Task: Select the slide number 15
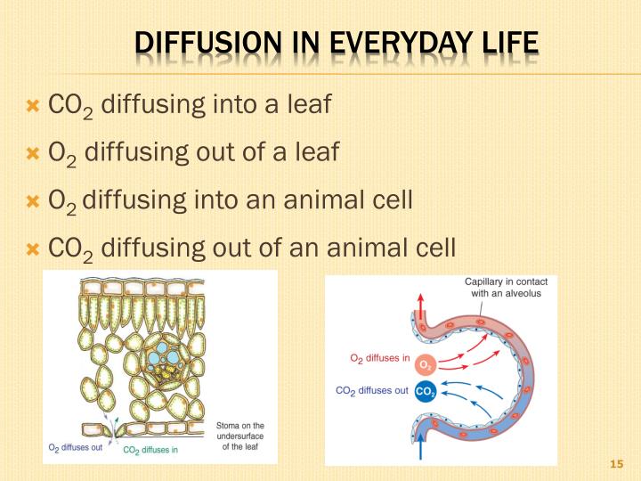pyautogui.click(x=615, y=464)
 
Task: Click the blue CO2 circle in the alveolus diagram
pyautogui.click(x=425, y=391)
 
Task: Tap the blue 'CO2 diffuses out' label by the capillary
pyautogui.click(x=371, y=390)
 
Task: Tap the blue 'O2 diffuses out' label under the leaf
pyautogui.click(x=76, y=447)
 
